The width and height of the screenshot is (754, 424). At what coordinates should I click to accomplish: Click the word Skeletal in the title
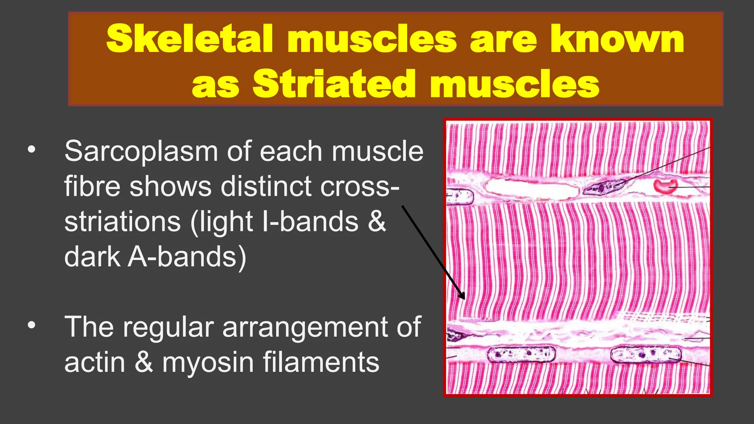click(189, 39)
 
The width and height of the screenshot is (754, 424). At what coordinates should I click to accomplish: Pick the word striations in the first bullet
click(122, 222)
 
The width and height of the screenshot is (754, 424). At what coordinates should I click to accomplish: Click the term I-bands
click(310, 222)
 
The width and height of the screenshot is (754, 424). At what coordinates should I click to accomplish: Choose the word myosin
click(208, 362)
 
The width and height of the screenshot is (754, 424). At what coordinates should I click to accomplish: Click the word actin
click(95, 362)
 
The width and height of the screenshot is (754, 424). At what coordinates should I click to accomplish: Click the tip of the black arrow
click(464, 298)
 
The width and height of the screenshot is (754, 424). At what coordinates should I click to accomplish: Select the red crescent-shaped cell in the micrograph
click(666, 185)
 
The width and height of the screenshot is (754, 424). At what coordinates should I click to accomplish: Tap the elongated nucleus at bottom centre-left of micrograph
click(521, 355)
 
